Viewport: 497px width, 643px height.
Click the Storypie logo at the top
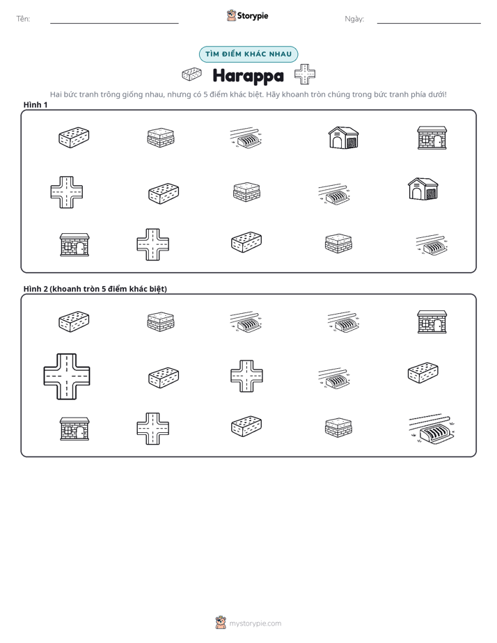point(247,15)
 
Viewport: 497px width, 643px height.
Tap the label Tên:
point(23,19)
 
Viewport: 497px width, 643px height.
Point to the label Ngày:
point(354,19)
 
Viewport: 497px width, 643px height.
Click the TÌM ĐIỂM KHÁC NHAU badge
point(248,54)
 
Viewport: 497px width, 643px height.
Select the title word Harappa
point(248,76)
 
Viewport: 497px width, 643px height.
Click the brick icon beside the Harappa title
point(191,74)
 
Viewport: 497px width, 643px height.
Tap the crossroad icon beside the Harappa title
point(305,74)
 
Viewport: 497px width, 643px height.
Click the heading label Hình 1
point(35,104)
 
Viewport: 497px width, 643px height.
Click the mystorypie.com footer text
point(255,624)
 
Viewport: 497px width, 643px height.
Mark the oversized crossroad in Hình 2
point(67,376)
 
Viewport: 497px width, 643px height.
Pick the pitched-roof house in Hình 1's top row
point(344,137)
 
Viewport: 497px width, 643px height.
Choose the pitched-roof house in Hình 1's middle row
point(423,189)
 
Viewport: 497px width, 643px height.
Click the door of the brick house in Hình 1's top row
point(438,141)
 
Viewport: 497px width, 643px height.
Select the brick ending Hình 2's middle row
point(423,372)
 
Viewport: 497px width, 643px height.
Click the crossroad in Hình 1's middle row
point(67,192)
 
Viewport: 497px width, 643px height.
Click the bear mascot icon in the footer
point(221,623)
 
